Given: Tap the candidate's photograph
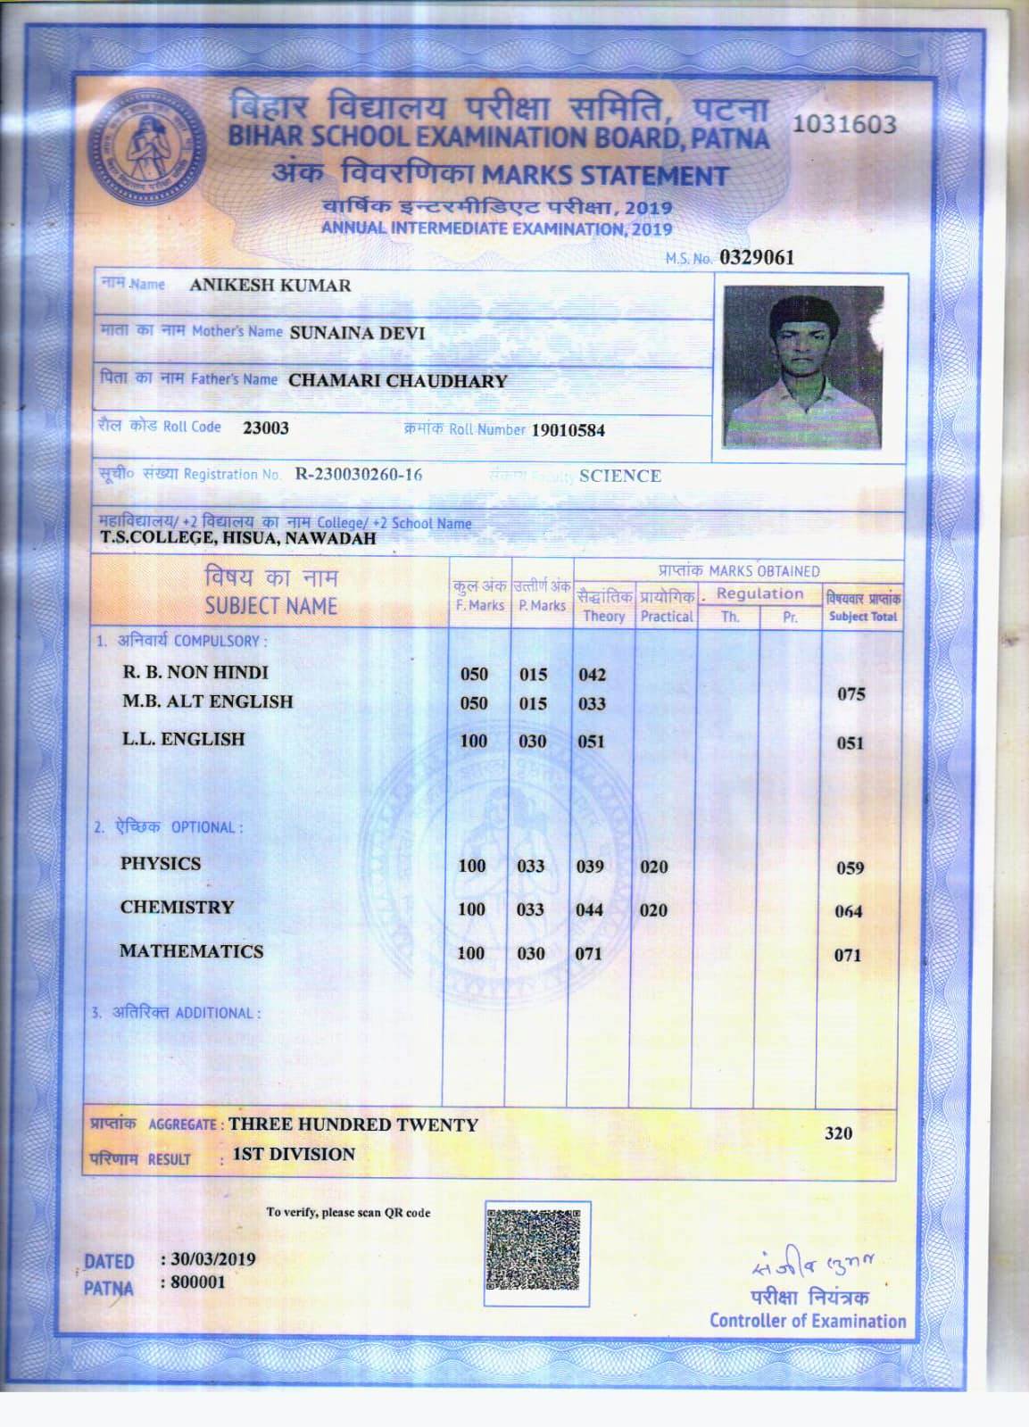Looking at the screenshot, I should (803, 367).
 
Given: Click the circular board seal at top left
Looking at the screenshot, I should (146, 148).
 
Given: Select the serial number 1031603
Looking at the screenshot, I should (843, 124).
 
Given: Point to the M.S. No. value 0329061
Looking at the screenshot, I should (756, 258).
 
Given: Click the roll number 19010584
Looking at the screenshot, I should (568, 430).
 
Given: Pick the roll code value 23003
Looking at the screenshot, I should (266, 427).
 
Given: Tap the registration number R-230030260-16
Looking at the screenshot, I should (359, 474).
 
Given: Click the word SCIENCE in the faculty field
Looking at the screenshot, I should (620, 476).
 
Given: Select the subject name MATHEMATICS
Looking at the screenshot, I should (192, 951).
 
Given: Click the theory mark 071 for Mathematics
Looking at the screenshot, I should (588, 953).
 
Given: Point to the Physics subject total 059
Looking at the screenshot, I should (850, 867).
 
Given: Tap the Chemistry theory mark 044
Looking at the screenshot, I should (589, 910).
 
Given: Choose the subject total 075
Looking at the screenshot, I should (851, 694).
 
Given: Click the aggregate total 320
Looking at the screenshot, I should (838, 1133).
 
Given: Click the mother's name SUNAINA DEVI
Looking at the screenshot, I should (357, 333).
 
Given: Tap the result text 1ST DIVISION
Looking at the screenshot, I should (294, 1154).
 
